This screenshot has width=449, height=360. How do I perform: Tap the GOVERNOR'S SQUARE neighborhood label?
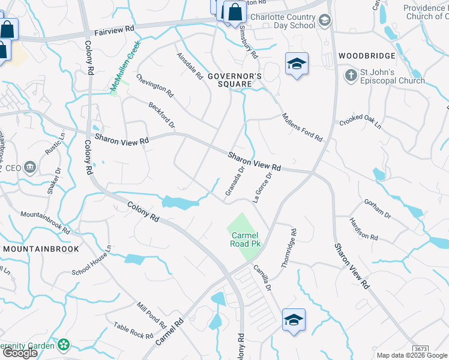235,80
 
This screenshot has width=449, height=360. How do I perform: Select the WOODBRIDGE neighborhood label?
367,56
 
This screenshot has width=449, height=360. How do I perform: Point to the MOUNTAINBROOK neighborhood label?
41,248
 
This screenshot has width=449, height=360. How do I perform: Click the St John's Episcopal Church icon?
351,75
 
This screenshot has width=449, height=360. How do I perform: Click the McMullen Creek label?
125,67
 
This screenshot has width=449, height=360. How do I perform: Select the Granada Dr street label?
235,181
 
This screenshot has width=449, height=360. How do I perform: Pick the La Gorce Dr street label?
263,187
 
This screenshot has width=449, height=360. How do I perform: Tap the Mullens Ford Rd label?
302,126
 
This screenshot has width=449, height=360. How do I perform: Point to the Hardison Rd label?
363,228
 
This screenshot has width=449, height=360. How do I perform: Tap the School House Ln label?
92,259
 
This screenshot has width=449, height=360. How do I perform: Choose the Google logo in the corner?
20,352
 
